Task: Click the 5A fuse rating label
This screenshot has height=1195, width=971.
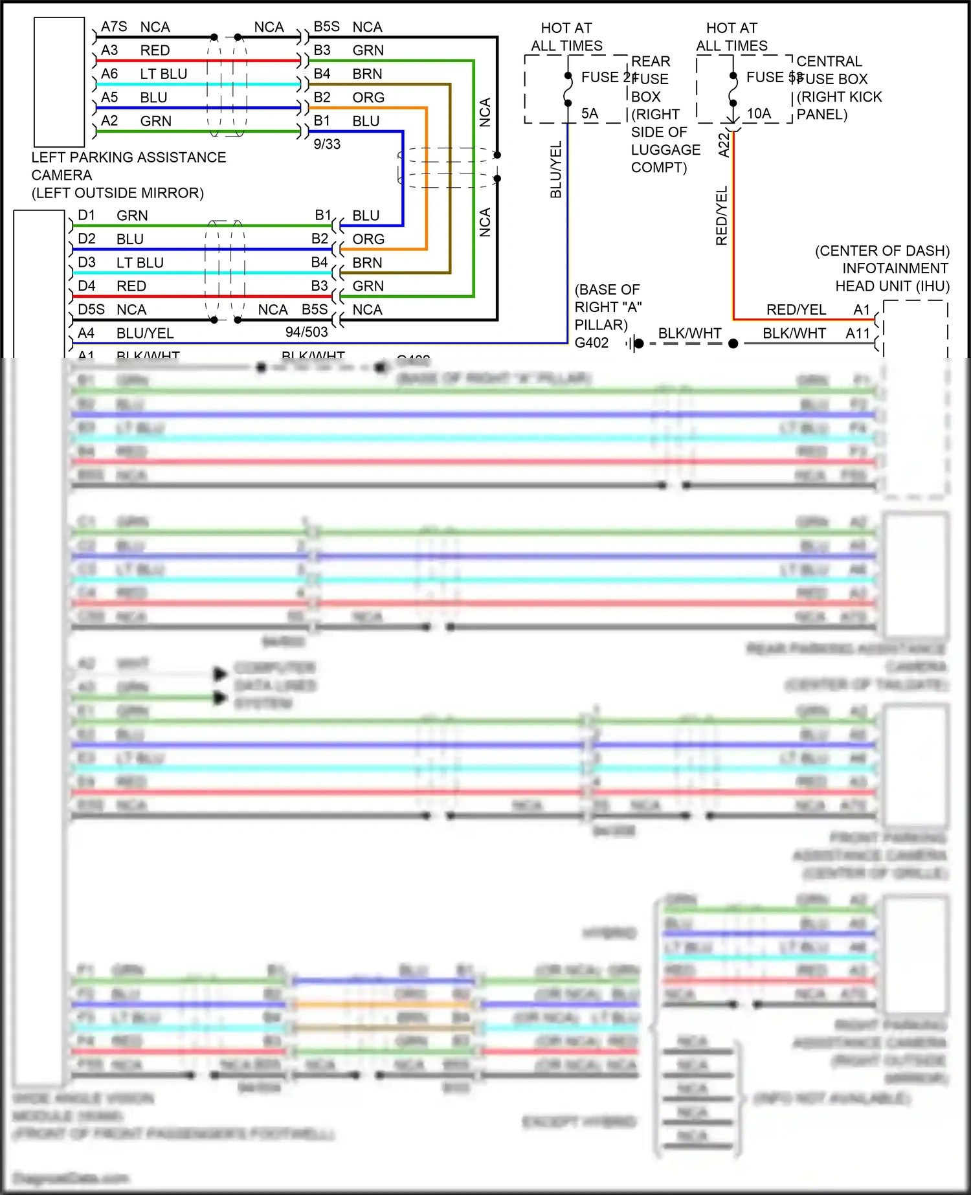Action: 589,114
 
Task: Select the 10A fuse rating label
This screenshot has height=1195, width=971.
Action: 759,114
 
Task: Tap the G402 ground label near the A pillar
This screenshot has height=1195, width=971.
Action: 592,343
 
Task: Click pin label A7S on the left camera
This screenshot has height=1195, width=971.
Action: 114,27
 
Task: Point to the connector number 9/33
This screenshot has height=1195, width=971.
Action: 327,144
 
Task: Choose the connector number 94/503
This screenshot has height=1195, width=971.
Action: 306,333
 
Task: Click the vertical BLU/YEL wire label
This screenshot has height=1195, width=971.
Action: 556,170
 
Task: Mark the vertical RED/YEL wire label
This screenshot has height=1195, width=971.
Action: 722,216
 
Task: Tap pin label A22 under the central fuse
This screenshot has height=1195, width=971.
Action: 724,145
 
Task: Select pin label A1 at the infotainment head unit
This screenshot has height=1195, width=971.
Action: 862,310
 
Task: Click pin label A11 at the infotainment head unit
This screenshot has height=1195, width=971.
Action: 858,333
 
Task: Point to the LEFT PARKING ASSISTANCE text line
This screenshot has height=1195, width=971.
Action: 129,158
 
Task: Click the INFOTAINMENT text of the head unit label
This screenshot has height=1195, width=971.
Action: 895,269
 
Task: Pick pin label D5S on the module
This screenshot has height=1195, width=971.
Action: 91,310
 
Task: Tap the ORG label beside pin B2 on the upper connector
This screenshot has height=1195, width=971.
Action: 368,98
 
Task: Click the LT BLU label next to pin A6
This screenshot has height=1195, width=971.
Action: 163,74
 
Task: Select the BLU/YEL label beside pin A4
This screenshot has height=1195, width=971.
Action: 145,333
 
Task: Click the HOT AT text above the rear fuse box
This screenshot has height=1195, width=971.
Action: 566,28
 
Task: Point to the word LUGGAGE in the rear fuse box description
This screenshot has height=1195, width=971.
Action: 665,150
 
